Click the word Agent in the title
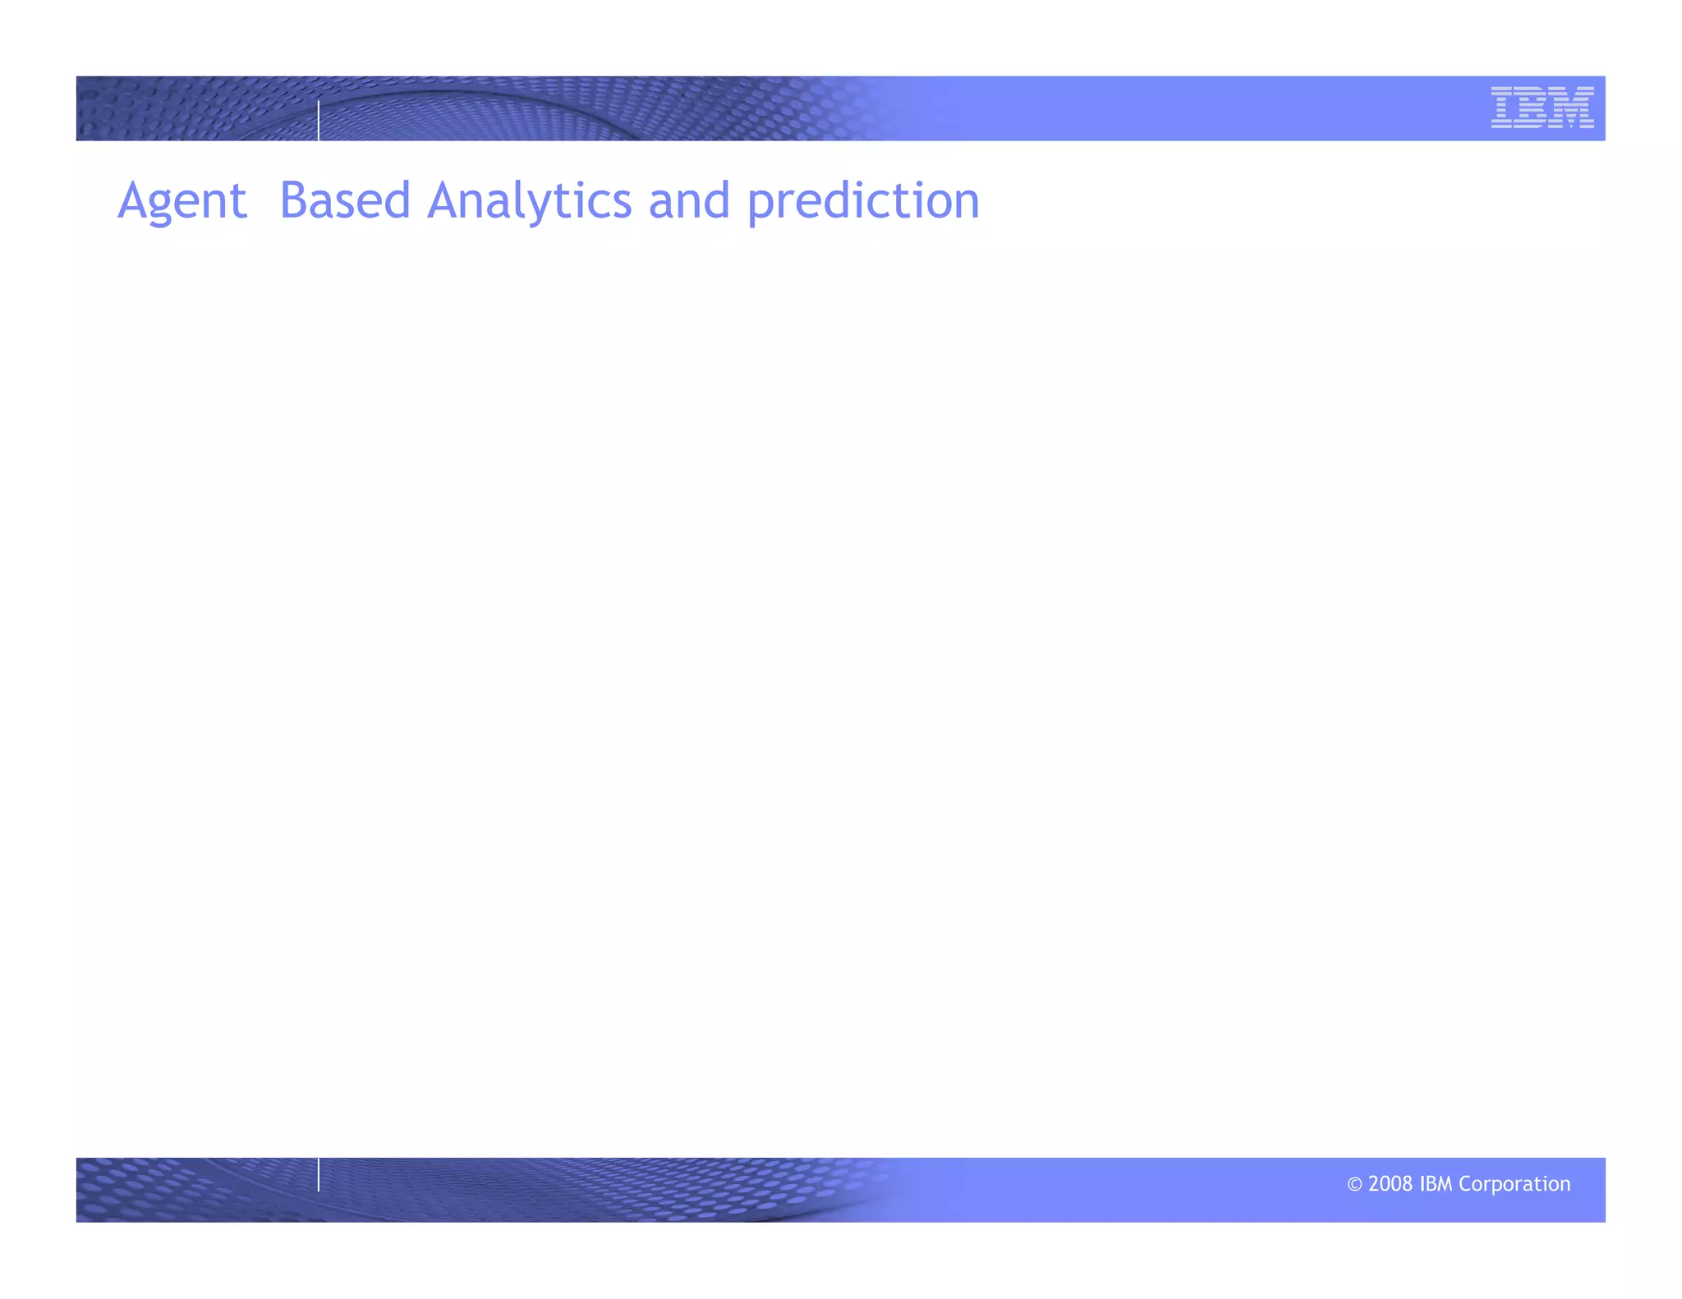point(182,201)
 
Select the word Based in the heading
point(345,201)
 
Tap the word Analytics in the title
point(530,201)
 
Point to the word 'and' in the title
point(689,201)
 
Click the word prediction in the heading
point(863,201)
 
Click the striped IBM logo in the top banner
point(1542,108)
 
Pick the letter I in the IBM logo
point(1502,108)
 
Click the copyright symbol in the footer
point(1354,1184)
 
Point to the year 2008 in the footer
point(1390,1184)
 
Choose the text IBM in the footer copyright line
point(1436,1184)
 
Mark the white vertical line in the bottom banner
point(319,1174)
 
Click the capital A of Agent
point(134,201)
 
